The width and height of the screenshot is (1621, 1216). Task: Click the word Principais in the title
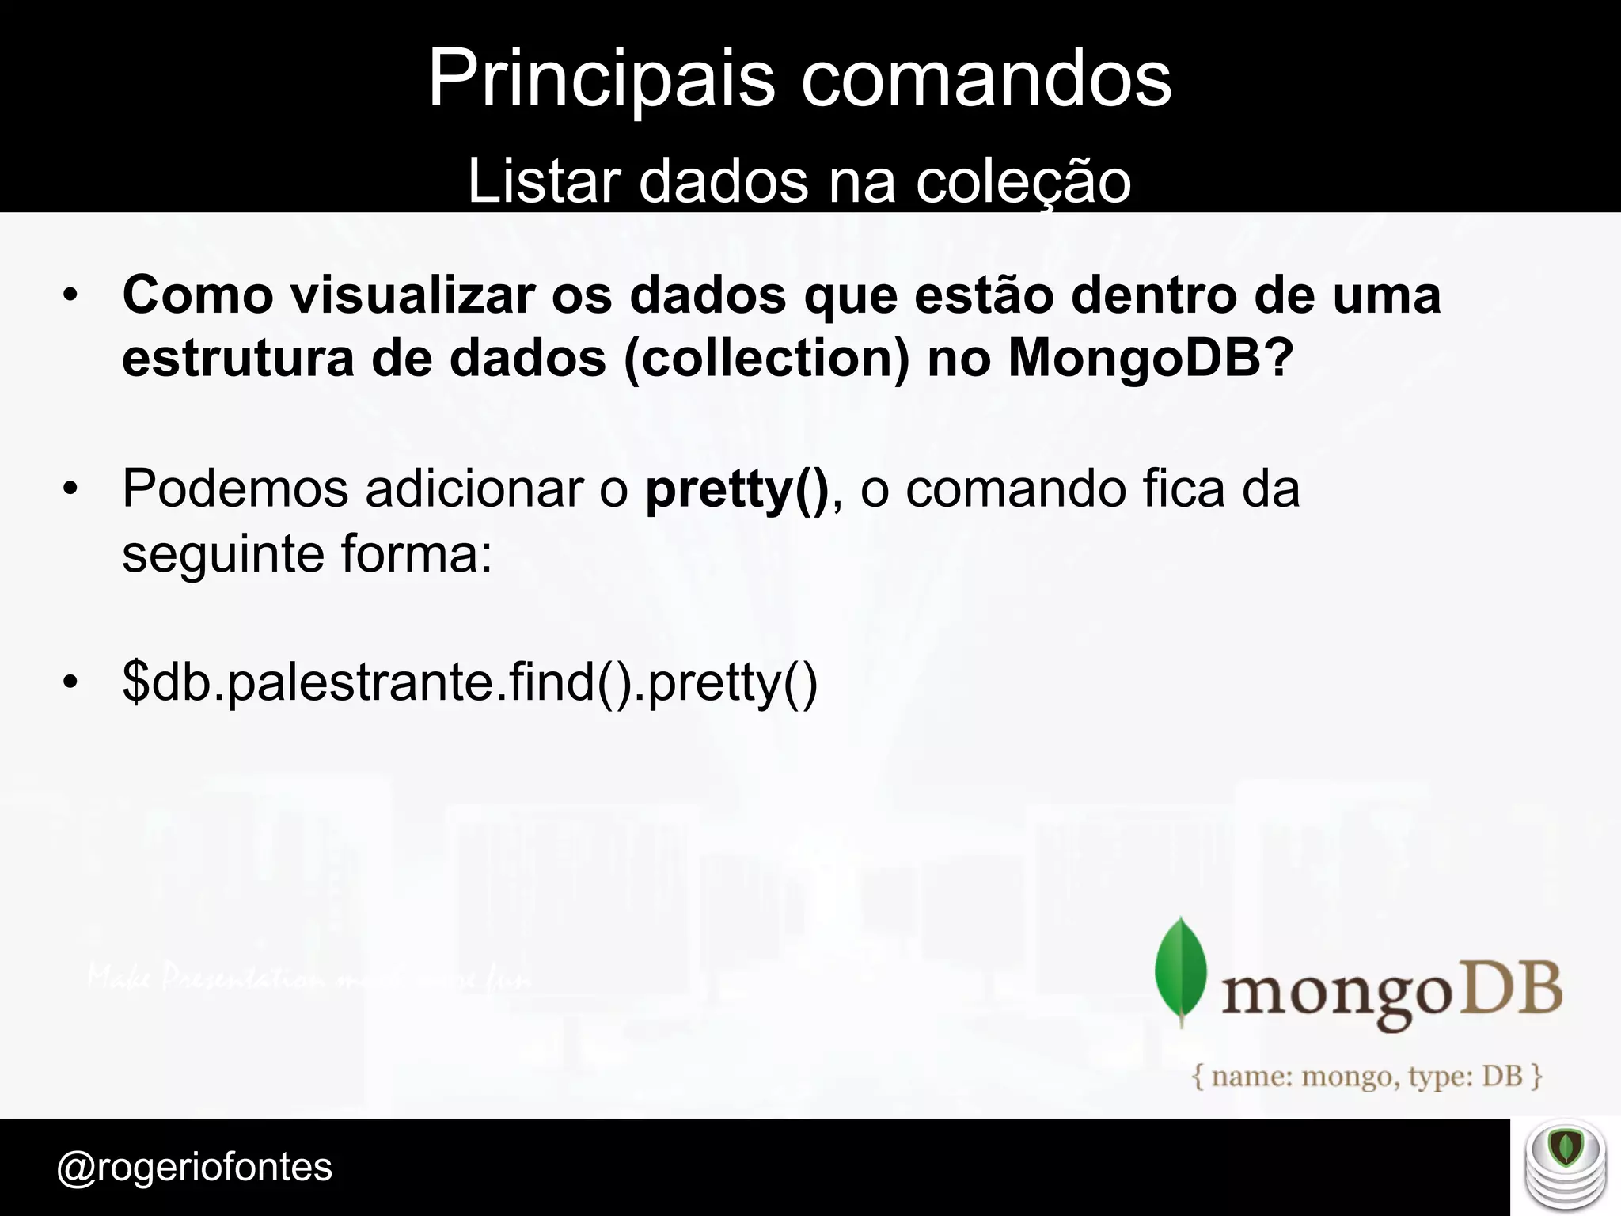pos(602,79)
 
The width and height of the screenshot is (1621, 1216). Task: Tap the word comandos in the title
pos(986,79)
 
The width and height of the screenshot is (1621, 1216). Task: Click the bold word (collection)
pos(767,359)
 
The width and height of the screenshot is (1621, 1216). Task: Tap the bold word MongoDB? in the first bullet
pos(1150,359)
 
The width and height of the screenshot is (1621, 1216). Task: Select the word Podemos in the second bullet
pos(235,488)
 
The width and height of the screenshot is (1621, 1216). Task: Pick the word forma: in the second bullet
pos(416,553)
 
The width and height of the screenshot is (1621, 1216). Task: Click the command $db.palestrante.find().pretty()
pos(470,682)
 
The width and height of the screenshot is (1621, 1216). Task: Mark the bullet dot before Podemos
pos(71,489)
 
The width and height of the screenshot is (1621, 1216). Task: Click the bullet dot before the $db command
pos(71,682)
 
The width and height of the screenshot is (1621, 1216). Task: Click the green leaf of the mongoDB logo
pos(1181,971)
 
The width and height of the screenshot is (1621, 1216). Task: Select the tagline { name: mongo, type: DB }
pos(1368,1076)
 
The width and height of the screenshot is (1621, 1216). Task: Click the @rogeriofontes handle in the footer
pos(195,1167)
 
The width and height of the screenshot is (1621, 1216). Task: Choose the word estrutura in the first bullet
pos(237,359)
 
